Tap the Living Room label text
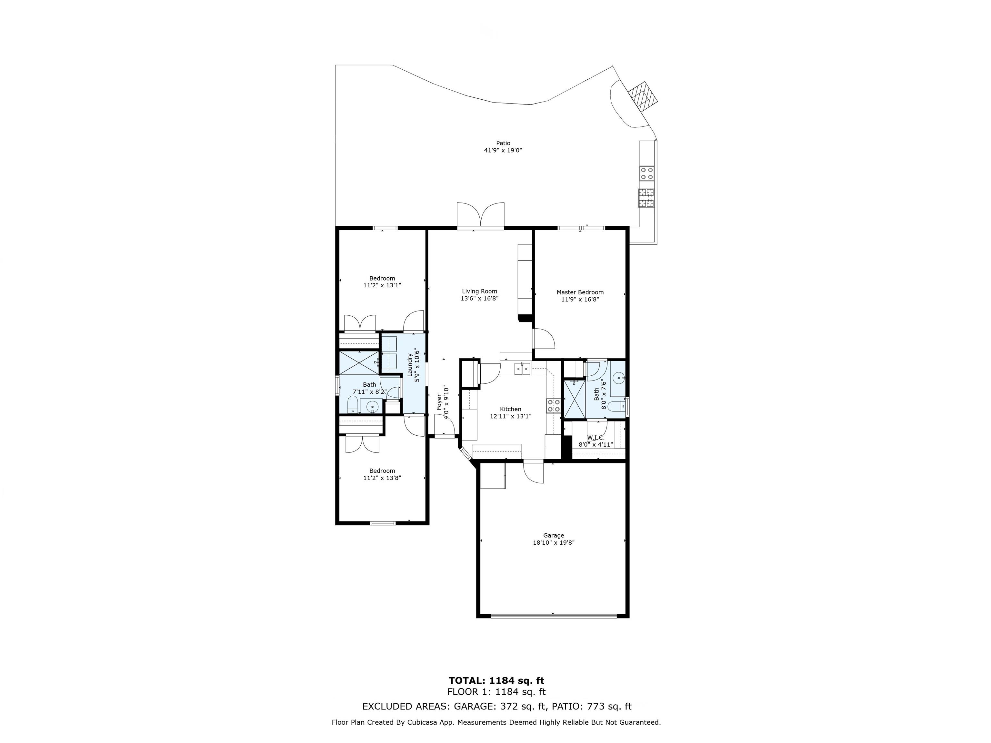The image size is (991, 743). [x=479, y=291]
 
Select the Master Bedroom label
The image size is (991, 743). [x=580, y=292]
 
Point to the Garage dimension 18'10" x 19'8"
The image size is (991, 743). [x=553, y=542]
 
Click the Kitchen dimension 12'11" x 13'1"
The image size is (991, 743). [x=510, y=416]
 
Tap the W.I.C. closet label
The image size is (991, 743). [x=596, y=438]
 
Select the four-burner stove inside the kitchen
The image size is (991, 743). [x=554, y=405]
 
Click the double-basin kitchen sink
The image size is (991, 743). [x=522, y=369]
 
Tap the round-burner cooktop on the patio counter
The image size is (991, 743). [x=646, y=173]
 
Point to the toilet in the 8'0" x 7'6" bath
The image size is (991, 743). [x=617, y=407]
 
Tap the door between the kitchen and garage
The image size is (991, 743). [x=533, y=472]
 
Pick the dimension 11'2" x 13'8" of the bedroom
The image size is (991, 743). [x=382, y=478]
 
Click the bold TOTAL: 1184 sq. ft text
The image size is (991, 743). [x=496, y=681]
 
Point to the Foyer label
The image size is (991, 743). [x=439, y=402]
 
